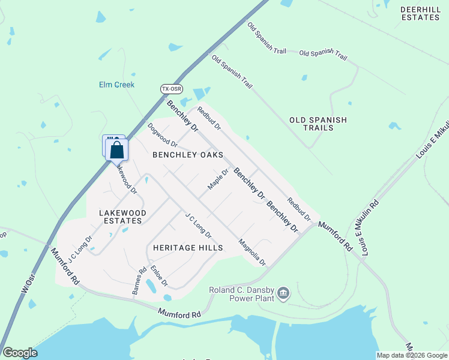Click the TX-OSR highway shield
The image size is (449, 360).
coord(171,89)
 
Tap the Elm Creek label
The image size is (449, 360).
coord(116,85)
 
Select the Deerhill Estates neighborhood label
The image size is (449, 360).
coord(421,13)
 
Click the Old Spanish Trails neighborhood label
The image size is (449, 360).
coord(318,124)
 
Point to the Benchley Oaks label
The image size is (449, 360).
coord(188,155)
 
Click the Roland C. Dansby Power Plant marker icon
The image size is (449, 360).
coord(283,293)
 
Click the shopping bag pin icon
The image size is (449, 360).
coord(117,150)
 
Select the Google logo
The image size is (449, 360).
coord(20,353)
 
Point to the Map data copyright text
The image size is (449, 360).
coord(412,355)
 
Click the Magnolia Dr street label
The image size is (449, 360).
coord(252,253)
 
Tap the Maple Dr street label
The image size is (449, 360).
coord(218,179)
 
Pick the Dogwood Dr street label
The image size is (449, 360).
coord(163,136)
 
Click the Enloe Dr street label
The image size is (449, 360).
coord(159,275)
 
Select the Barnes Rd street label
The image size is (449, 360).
coord(137,281)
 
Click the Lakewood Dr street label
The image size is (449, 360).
coord(126,180)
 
